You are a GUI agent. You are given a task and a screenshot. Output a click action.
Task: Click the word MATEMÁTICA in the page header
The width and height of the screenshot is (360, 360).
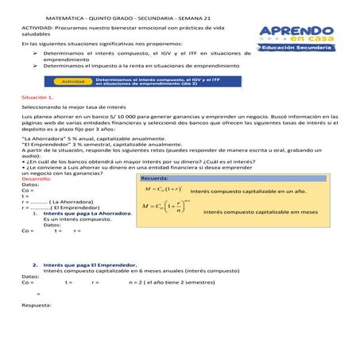71,16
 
